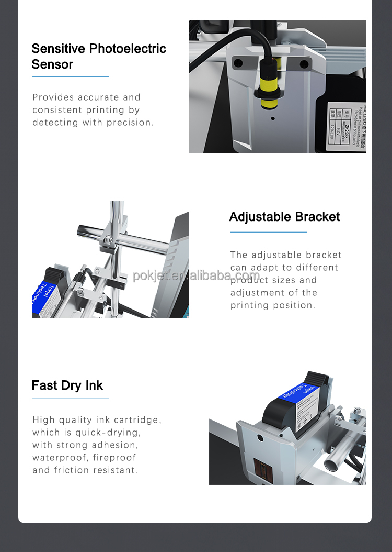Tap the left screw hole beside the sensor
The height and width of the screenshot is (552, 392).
click(x=238, y=63)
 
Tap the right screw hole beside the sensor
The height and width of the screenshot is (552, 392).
click(x=304, y=64)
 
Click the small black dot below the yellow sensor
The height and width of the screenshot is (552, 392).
click(x=272, y=119)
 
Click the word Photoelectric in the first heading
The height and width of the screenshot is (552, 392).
click(x=128, y=49)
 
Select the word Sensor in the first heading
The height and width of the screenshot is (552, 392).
click(x=52, y=64)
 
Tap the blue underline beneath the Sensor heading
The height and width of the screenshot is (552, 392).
click(x=70, y=76)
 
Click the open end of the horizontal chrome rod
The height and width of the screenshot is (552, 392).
click(x=83, y=229)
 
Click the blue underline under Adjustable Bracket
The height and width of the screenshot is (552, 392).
click(x=268, y=231)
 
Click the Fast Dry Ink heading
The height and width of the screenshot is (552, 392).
click(x=67, y=385)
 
